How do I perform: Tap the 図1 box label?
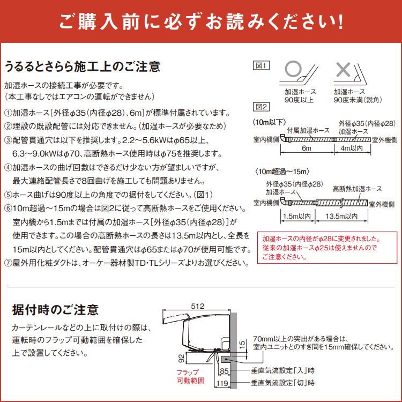click(260, 65)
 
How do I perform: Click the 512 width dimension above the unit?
click(198, 306)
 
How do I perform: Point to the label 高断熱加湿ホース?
click(357, 189)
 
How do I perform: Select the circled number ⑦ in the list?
click(8, 263)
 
